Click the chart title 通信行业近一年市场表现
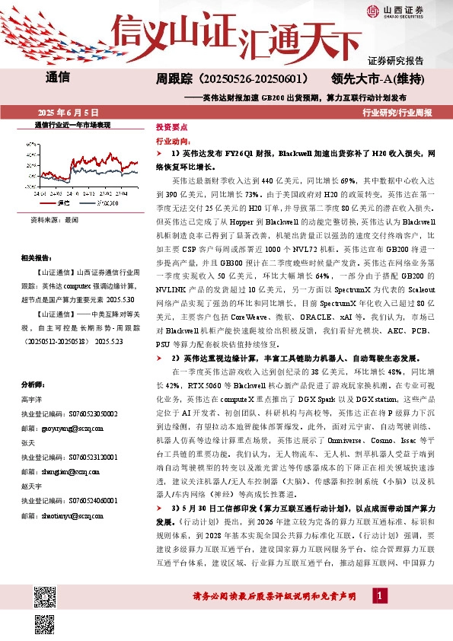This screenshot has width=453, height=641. coord(72,123)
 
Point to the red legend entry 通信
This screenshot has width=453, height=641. coord(59,203)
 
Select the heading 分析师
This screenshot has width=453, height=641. coord(33,384)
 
